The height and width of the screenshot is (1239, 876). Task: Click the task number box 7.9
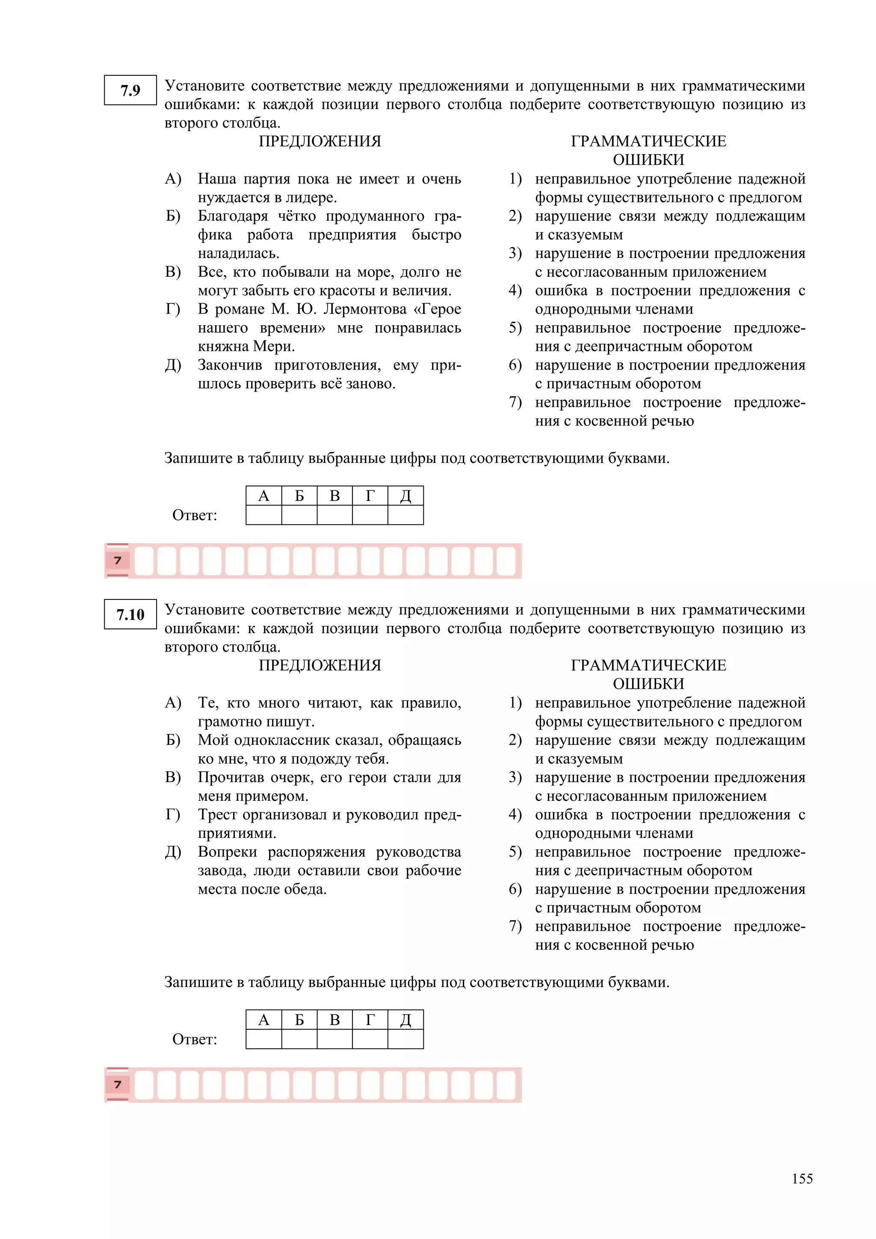(x=130, y=90)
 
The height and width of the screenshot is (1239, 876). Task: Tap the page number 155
(x=802, y=1179)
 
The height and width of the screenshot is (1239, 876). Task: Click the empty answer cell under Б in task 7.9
(x=299, y=515)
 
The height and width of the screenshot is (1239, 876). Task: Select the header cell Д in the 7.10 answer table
(x=405, y=1020)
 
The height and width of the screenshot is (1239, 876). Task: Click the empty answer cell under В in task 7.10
(x=334, y=1039)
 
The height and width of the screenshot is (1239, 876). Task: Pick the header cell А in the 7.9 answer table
(x=264, y=495)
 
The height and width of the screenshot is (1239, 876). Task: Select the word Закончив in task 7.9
(x=229, y=365)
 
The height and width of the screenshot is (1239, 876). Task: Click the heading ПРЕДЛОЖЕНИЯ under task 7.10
(x=320, y=665)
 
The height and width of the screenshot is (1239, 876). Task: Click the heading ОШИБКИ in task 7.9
(x=648, y=160)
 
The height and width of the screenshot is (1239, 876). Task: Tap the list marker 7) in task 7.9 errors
(x=515, y=402)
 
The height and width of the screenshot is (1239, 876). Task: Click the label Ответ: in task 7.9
(x=195, y=516)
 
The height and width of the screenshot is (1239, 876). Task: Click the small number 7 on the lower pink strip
(x=118, y=1085)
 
